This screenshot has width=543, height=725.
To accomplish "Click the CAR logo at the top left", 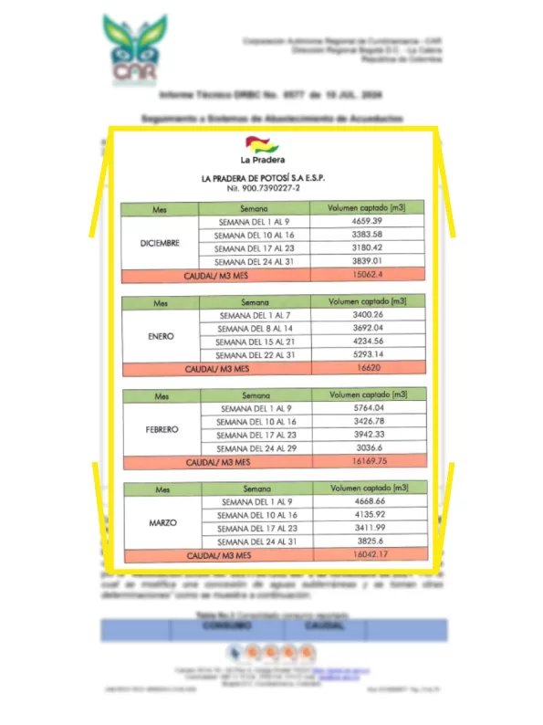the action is tap(136, 49).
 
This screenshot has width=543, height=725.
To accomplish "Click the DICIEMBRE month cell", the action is tap(160, 242).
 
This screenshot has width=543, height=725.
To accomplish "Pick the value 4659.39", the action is tap(366, 222).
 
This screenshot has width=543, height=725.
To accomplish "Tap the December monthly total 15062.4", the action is tap(366, 273).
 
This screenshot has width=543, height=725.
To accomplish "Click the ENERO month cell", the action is tap(161, 335).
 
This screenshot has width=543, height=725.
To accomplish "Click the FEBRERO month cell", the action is tap(161, 428).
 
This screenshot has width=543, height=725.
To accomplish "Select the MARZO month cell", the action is tap(161, 522).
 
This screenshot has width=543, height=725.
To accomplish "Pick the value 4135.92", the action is tap(367, 515).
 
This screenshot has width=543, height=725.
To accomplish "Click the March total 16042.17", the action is tap(367, 554).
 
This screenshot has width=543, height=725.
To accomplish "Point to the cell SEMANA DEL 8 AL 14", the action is tap(253, 328).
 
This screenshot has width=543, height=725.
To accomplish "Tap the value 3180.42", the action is tap(366, 247).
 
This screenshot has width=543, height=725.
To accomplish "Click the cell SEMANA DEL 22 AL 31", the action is tap(253, 354).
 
